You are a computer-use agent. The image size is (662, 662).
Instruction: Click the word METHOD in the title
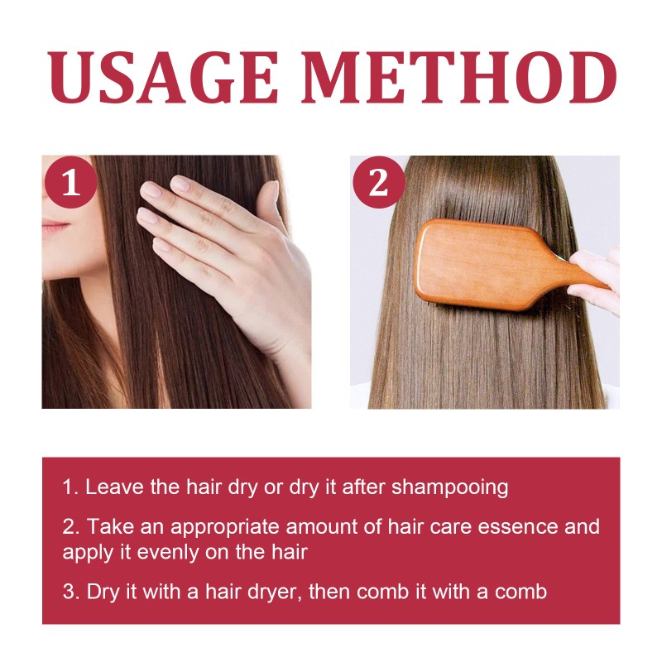point(459,79)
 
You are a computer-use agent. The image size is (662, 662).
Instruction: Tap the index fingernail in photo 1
point(151,190)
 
